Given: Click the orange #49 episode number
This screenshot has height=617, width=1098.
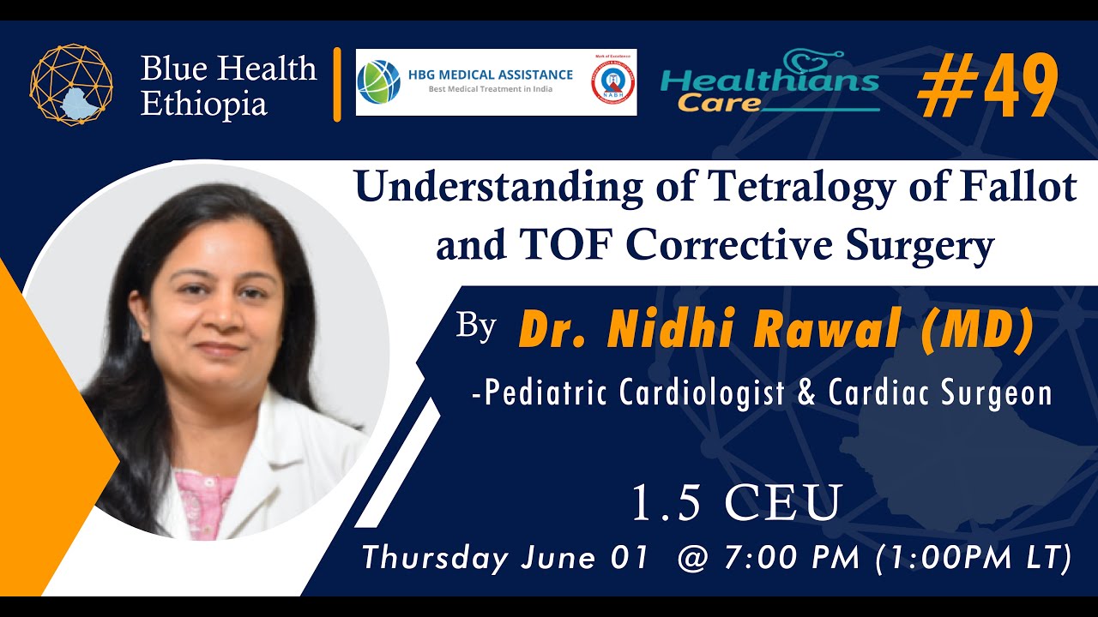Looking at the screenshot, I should (x=986, y=87).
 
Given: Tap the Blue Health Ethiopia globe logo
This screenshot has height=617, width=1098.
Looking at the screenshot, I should (x=71, y=85).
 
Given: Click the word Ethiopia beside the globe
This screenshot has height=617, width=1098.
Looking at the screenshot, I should (x=204, y=104).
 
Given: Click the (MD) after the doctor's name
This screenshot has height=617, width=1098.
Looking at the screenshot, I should (x=976, y=332).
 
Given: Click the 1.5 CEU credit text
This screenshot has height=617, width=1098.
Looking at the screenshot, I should (x=735, y=504).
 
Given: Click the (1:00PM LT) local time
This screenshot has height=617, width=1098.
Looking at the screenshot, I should (x=974, y=558).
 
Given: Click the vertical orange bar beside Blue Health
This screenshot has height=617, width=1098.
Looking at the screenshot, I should (x=337, y=85).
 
